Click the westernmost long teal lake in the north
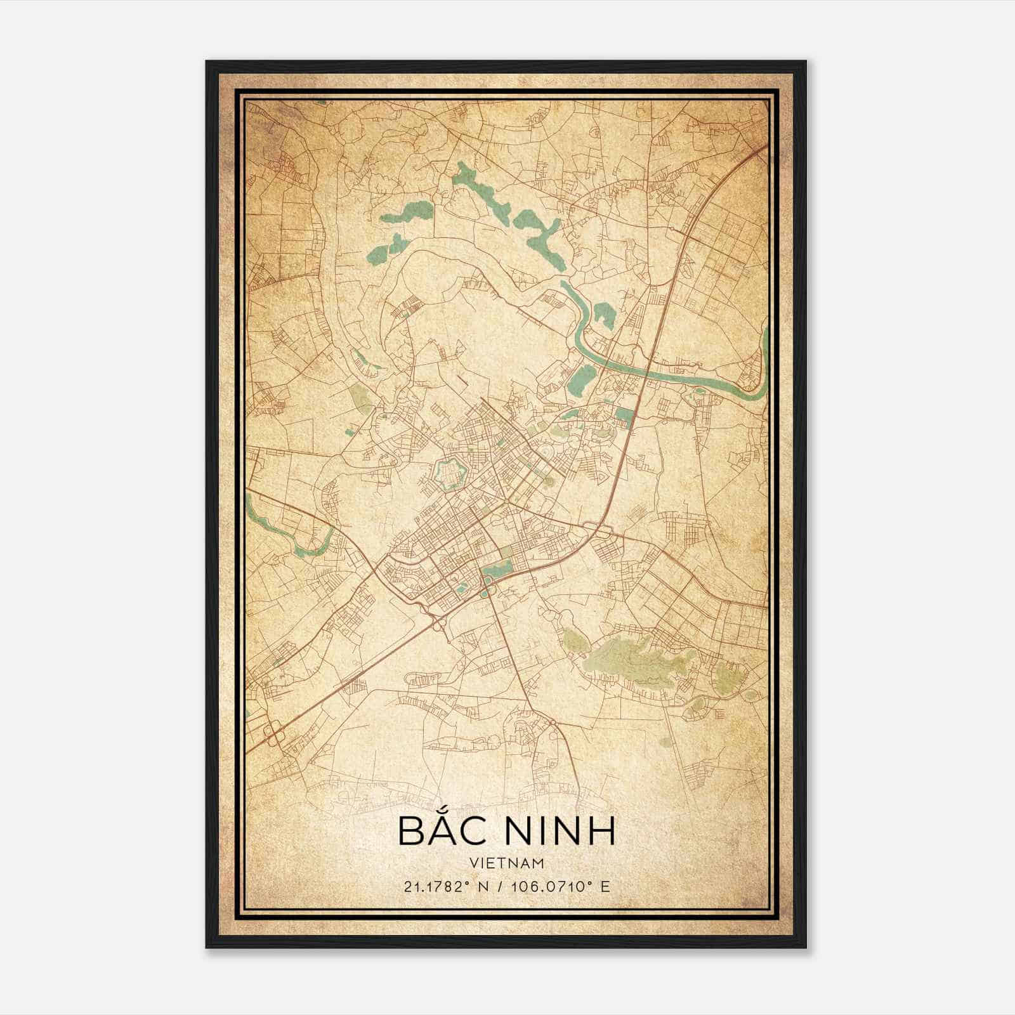coord(406,216)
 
